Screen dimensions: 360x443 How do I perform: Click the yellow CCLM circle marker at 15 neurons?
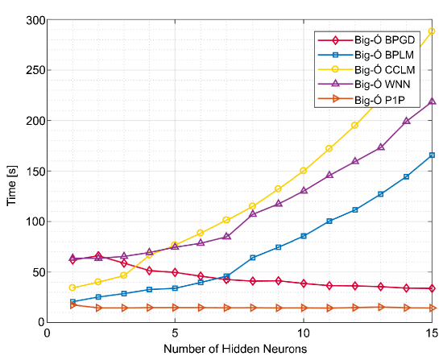point(432,31)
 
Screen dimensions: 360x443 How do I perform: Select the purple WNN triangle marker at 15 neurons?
point(432,101)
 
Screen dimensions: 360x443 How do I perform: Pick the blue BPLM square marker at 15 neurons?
point(432,155)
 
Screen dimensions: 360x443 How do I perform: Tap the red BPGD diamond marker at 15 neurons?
point(432,288)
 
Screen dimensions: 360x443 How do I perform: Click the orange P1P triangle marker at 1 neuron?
point(72,305)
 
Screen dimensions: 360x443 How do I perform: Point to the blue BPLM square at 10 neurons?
point(304,236)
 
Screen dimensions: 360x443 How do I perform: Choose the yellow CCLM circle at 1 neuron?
point(72,288)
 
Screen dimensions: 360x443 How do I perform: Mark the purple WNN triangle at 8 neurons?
point(253,214)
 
